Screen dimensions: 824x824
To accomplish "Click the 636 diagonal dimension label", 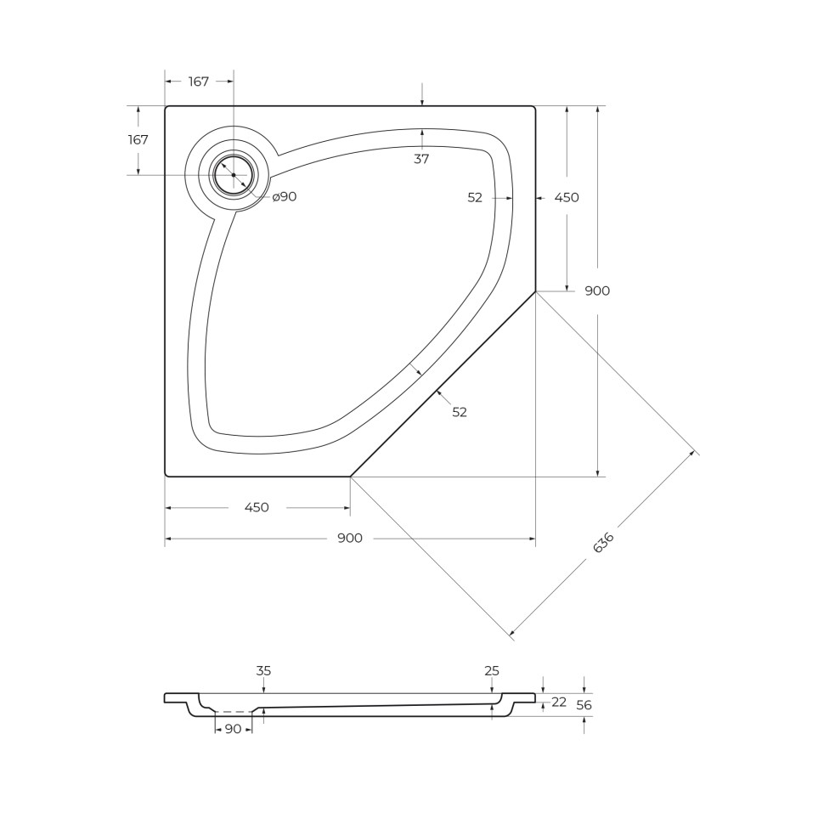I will (x=603, y=543).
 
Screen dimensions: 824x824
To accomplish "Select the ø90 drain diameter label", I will (x=285, y=196).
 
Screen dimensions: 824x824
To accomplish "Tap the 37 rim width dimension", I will (x=421, y=159).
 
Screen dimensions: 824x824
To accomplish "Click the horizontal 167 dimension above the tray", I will (x=198, y=82).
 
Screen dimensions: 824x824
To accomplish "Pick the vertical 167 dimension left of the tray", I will (x=138, y=140).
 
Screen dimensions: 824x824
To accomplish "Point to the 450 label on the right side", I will (x=567, y=197).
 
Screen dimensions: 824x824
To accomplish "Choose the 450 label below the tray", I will (x=257, y=507).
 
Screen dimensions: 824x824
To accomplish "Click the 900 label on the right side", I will (x=597, y=291).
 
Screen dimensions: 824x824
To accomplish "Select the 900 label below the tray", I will (x=350, y=538).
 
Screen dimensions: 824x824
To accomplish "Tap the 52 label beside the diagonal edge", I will (x=460, y=412).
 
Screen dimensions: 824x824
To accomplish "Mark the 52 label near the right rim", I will (x=475, y=197).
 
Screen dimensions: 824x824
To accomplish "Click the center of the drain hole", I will (x=234, y=174).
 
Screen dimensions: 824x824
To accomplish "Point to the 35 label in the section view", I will (x=263, y=671).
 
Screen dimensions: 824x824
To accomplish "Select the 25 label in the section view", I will (x=492, y=671).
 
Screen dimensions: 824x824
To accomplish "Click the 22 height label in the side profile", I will (x=559, y=702).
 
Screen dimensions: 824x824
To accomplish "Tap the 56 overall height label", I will (x=584, y=705).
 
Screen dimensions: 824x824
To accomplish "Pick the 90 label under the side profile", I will (x=234, y=729).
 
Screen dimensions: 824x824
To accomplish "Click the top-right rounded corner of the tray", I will (x=533, y=108).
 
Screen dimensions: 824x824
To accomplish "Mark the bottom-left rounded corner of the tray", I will (x=167, y=474).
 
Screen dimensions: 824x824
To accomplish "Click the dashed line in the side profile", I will (x=234, y=712).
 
